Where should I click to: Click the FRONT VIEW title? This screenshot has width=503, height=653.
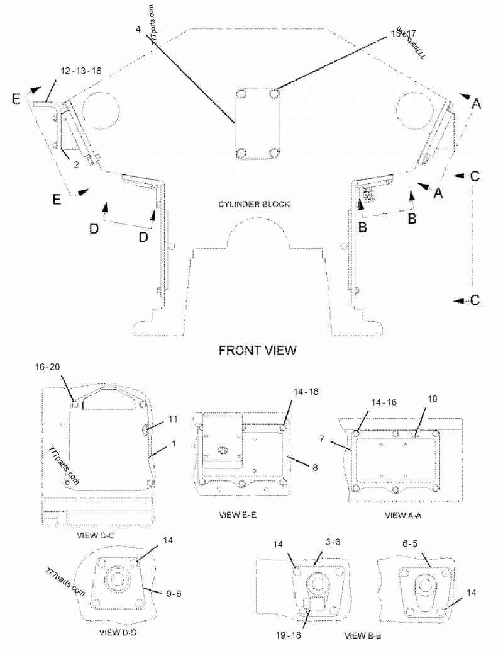257,350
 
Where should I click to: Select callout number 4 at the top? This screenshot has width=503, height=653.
138,29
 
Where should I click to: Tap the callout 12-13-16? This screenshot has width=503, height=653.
81,71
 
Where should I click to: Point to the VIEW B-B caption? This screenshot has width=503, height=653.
363,637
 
